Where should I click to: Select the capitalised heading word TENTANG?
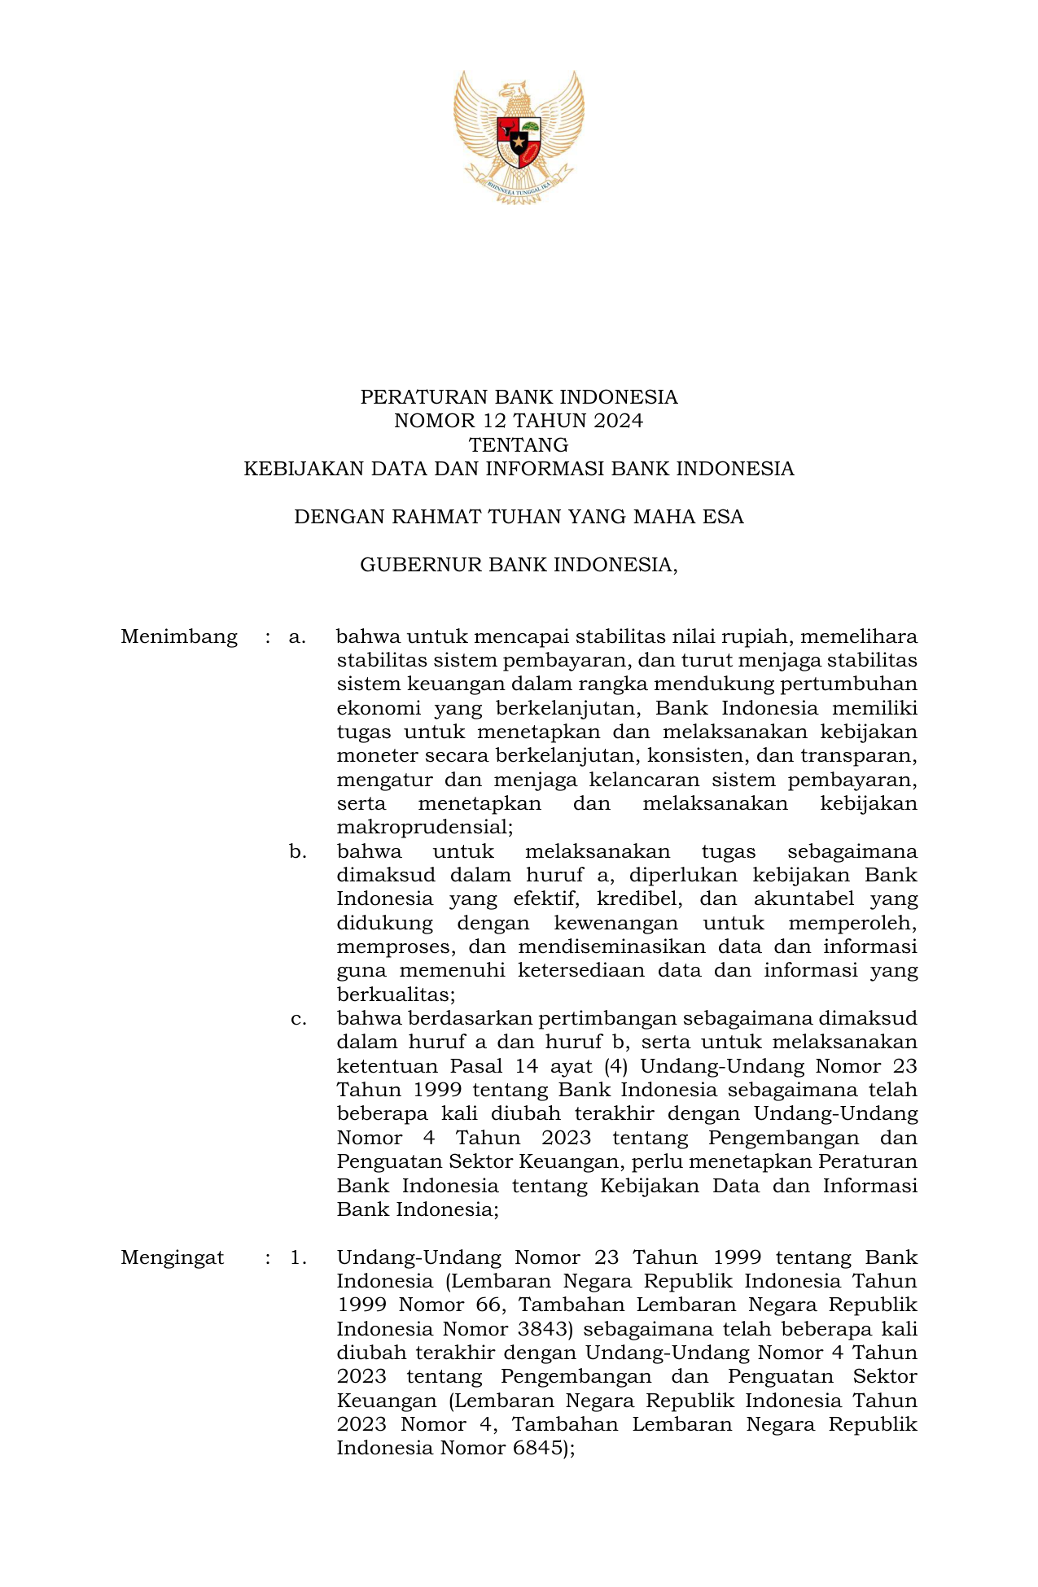coord(519,445)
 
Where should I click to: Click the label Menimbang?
coord(179,636)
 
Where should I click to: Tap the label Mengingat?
coord(173,1257)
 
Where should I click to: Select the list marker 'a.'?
coord(297,636)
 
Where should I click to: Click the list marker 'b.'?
coord(298,852)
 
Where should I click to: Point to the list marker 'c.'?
coord(298,1019)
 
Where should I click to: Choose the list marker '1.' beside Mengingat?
coord(298,1257)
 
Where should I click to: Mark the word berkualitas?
coord(396,995)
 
